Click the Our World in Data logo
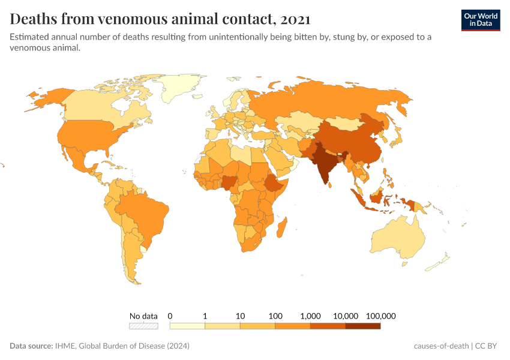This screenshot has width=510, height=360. click(480, 20)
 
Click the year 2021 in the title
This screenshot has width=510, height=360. click(293, 19)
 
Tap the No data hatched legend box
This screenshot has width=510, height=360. click(143, 326)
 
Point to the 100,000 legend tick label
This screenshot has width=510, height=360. click(380, 316)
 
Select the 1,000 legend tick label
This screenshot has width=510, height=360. click(310, 316)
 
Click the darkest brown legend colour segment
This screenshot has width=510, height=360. click(363, 326)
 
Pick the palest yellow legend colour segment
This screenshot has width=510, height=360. click(187, 326)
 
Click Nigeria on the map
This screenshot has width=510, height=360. click(230, 181)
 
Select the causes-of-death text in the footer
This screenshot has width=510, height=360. click(440, 346)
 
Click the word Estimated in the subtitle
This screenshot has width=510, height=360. click(31, 37)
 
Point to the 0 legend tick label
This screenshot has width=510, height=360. click(170, 316)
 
